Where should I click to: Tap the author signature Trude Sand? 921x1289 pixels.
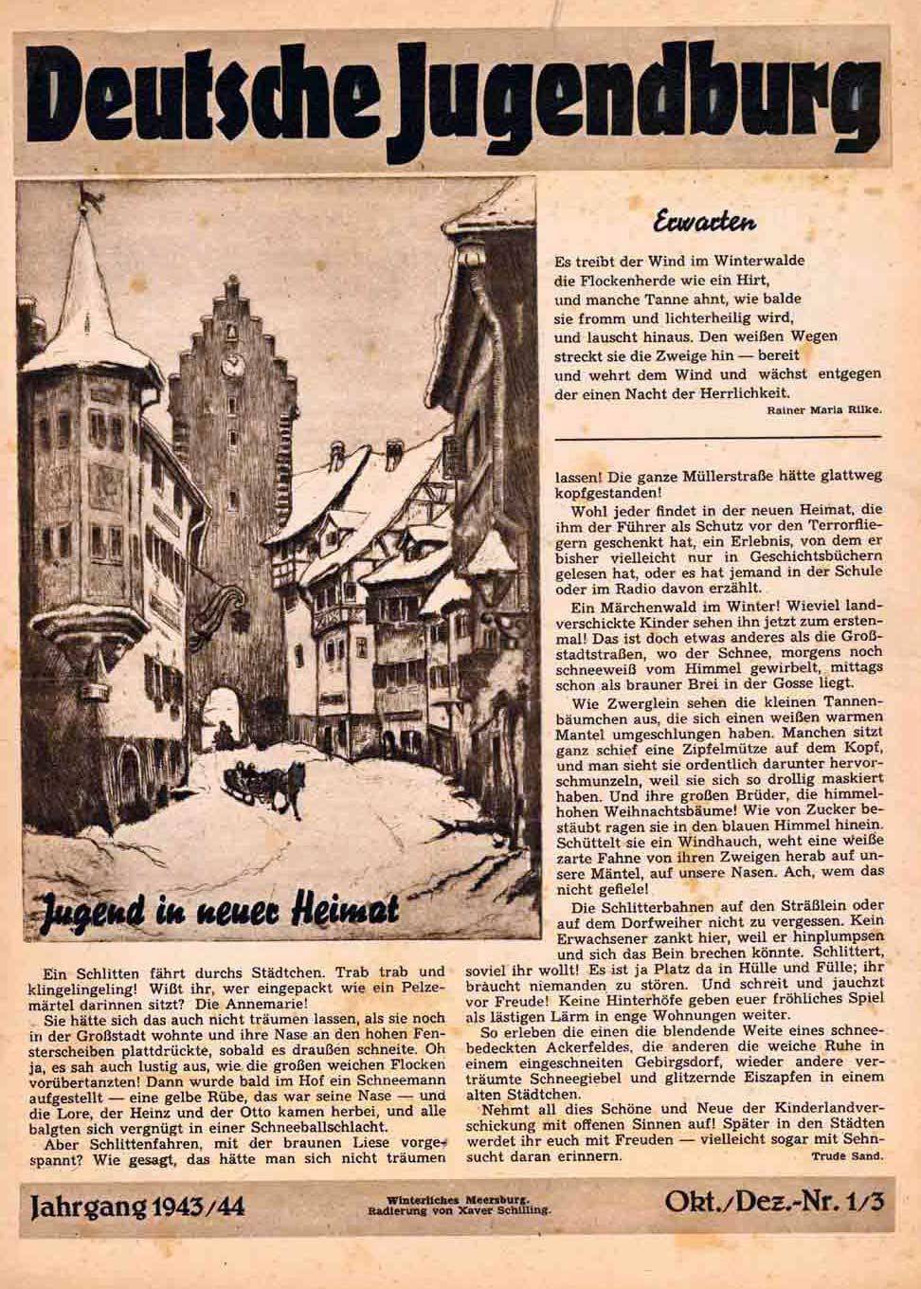[846, 1157]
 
